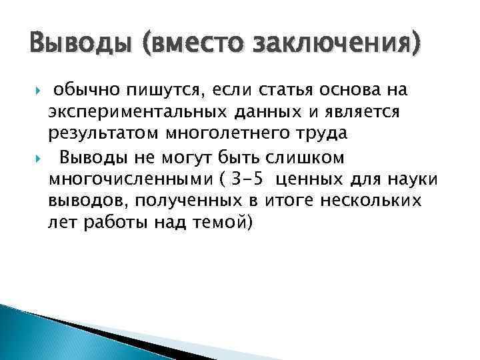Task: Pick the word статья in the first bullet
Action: [x=297, y=89]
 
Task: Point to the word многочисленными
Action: [x=131, y=179]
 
